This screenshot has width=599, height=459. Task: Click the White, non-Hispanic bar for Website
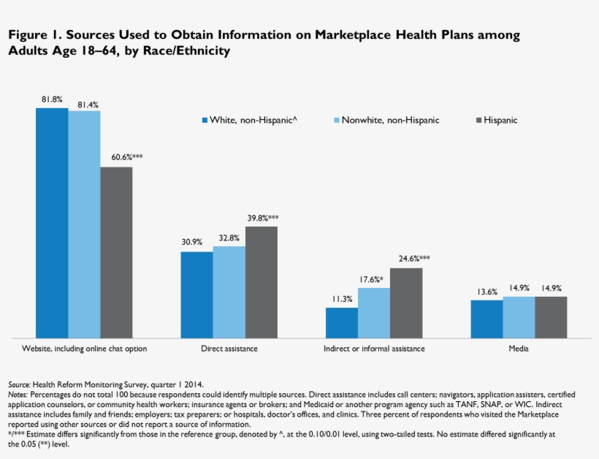coord(52,223)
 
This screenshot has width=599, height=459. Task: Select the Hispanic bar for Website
coord(116,252)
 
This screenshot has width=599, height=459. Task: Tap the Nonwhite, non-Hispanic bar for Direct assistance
coord(229,292)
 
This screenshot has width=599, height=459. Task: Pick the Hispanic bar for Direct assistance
coord(261,282)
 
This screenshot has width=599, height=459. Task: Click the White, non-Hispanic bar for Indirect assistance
coord(341,322)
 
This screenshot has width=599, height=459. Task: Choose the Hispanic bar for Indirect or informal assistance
coord(406,303)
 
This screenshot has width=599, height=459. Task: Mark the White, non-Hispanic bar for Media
coord(487,319)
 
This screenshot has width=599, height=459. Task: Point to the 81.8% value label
coord(52,99)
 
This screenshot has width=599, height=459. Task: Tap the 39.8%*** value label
coord(264,217)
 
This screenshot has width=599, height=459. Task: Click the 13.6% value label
coord(487,291)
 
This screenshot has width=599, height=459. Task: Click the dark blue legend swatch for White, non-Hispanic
coord(205,121)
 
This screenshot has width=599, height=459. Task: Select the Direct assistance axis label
coord(229,349)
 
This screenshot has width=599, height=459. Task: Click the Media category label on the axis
coord(519,349)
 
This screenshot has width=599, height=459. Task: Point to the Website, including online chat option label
coord(85,349)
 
